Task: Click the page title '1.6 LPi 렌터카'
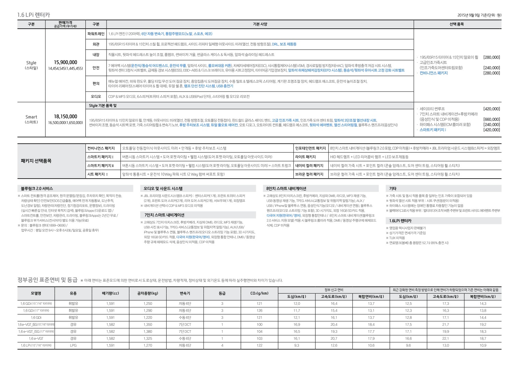(33, 15)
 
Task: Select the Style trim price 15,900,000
(66, 62)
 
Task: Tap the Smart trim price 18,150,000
(66, 116)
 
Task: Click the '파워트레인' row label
(96, 34)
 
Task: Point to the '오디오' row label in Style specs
(96, 97)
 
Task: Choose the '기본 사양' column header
(260, 24)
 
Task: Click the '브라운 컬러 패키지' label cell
(309, 174)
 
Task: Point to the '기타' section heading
(393, 188)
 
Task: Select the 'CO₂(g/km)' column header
(259, 293)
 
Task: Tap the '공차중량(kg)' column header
(148, 293)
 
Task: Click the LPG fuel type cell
(73, 345)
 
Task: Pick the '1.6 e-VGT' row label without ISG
(36, 339)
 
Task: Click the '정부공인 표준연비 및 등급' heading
(47, 280)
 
